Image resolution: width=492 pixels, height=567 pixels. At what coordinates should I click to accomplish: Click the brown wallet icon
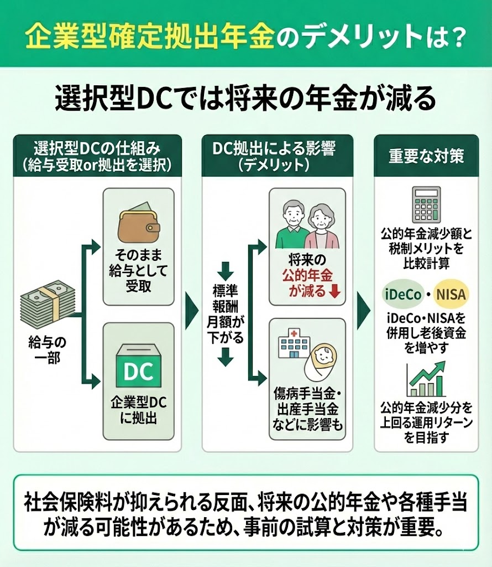pyautogui.click(x=139, y=224)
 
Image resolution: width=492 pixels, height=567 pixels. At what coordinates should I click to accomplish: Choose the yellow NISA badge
pyautogui.click(x=451, y=294)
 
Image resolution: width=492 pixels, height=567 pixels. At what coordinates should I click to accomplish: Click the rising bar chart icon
pyautogui.click(x=426, y=378)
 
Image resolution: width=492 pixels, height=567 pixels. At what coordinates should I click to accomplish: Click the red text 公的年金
pyautogui.click(x=307, y=276)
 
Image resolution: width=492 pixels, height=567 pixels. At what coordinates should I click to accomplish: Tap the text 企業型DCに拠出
pyautogui.click(x=139, y=410)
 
